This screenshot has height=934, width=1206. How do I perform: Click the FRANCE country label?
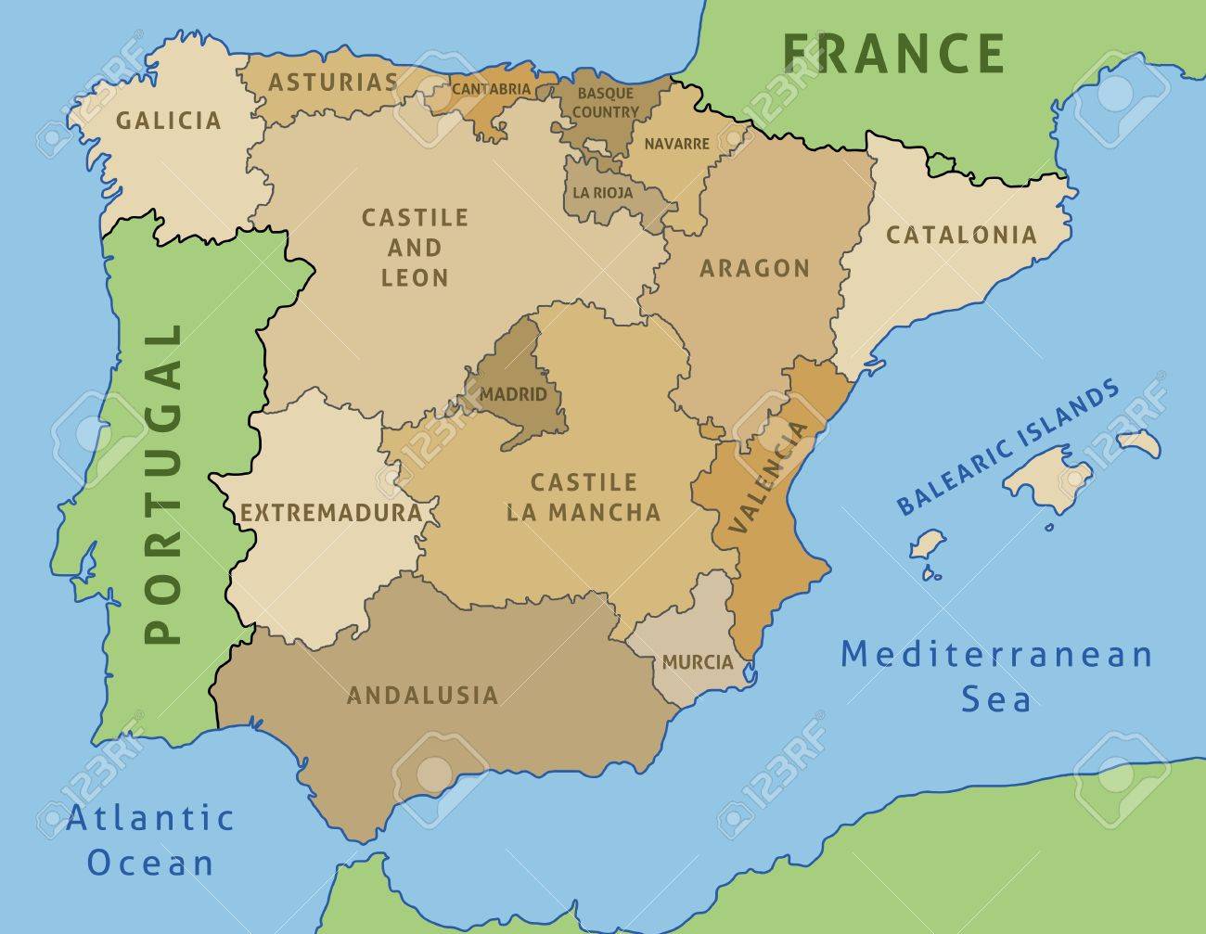point(893,52)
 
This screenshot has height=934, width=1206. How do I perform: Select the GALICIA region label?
point(169,120)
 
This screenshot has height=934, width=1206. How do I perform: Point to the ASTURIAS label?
point(333,82)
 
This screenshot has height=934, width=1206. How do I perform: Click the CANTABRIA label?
point(492,90)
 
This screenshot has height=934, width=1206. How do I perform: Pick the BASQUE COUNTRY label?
point(605,102)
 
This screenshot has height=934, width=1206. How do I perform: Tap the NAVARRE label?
point(676,144)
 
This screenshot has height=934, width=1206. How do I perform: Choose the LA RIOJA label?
point(603,193)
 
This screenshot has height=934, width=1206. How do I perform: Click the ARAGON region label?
point(754,268)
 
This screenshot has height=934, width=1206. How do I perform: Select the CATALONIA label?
point(961,234)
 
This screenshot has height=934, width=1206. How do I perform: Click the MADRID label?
point(513,394)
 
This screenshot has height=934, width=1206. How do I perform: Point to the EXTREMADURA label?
point(330,512)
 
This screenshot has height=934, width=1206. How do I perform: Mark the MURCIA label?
point(698,663)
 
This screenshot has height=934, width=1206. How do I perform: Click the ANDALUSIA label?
point(422,694)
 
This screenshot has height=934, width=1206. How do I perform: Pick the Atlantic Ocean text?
point(150,840)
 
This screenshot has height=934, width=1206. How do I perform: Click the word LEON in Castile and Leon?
point(415,277)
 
